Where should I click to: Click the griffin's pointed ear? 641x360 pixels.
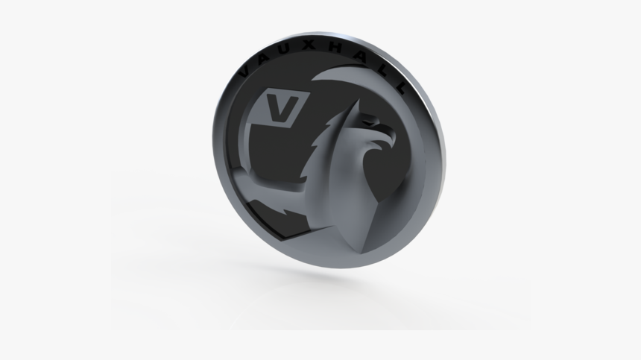click(x=350, y=108)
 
